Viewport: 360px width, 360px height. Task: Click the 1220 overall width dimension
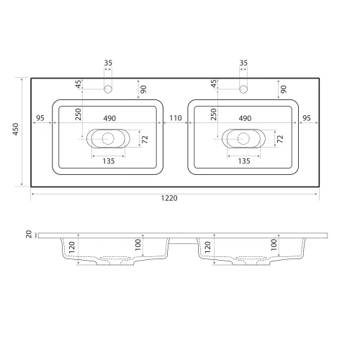169,198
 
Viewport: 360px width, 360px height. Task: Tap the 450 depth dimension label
16,129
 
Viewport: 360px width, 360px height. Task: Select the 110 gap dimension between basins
176,118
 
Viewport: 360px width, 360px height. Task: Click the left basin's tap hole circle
108,89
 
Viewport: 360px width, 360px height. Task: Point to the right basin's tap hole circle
243,89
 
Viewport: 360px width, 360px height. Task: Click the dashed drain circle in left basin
108,138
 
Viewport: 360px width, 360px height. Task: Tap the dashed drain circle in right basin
243,138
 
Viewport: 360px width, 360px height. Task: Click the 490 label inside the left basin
109,118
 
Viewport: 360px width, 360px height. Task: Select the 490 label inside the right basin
245,118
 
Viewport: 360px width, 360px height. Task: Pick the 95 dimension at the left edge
40,118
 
